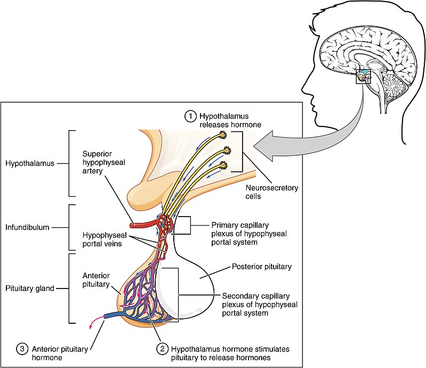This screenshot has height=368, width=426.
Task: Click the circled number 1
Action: [190, 116]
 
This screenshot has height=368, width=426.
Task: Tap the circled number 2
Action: [163, 349]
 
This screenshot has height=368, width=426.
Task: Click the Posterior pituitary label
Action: [258, 266]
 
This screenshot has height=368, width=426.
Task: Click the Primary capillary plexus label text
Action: [250, 234]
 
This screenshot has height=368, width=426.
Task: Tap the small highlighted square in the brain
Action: [363, 77]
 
